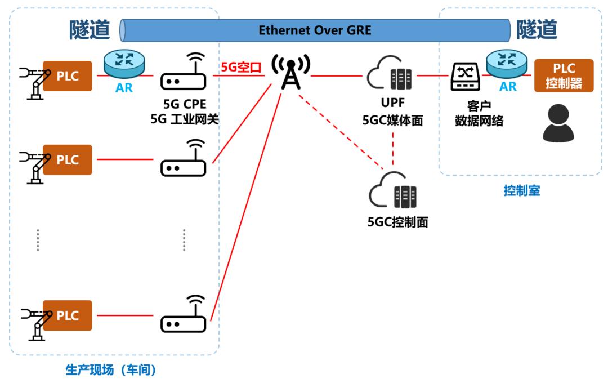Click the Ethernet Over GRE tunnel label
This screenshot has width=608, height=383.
[315, 29]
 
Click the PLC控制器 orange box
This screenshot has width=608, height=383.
[564, 75]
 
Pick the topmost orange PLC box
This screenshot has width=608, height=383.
[68, 75]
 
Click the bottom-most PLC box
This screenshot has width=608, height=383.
[68, 315]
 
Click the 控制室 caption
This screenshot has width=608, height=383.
[521, 191]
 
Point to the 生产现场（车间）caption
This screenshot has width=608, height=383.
[110, 370]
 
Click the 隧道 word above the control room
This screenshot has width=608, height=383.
[536, 29]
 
